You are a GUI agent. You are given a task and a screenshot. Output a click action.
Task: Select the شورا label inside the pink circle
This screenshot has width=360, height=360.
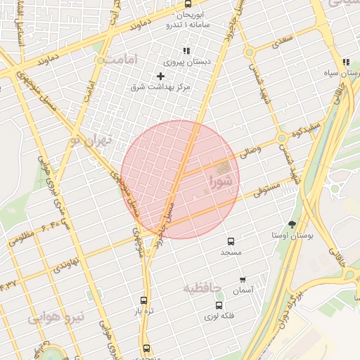(x=222, y=181)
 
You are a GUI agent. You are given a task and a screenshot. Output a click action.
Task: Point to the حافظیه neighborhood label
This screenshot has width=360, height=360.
(x=202, y=288)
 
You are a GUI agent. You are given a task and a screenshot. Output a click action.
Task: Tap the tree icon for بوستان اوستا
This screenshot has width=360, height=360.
(x=292, y=224)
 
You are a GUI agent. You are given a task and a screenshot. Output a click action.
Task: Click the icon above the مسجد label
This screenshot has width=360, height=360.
(x=231, y=240)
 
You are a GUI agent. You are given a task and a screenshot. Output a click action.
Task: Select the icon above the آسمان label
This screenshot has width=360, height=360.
(x=243, y=280)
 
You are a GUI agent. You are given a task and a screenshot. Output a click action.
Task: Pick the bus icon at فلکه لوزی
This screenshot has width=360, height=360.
(x=219, y=305)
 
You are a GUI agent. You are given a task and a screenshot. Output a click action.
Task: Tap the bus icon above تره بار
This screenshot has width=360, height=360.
(x=144, y=300)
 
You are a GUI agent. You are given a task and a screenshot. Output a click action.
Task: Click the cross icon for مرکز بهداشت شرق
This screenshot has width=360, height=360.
(x=161, y=76)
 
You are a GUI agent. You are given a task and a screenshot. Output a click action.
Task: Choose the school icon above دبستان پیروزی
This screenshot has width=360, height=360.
(x=186, y=51)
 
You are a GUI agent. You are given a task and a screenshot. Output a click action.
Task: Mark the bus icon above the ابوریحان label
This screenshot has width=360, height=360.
(x=188, y=4)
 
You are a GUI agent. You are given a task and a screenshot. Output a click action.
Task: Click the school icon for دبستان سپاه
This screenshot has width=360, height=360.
(x=346, y=63)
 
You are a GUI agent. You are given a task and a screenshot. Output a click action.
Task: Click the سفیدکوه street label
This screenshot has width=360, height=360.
(x=307, y=131)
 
